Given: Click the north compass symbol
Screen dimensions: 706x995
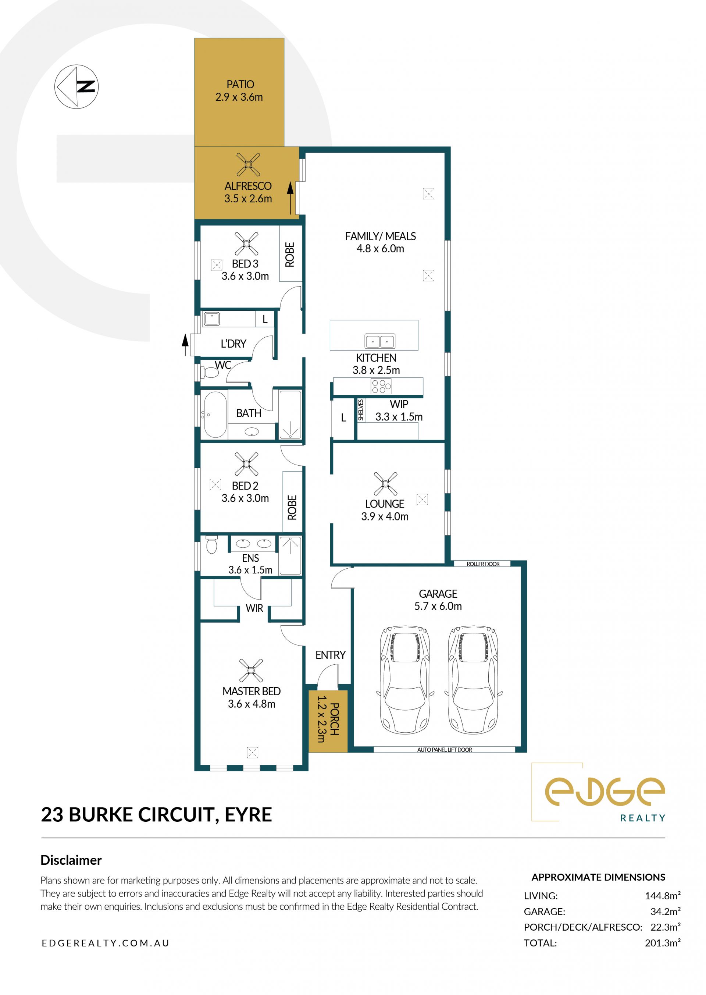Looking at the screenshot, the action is [76, 86].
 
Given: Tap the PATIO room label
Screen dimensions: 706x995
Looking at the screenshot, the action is [240, 84].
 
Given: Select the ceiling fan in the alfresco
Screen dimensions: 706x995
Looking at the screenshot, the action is [248, 164].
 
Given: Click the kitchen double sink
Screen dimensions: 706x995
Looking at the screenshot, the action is [380, 341].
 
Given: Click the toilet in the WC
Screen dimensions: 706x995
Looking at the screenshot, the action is [210, 372].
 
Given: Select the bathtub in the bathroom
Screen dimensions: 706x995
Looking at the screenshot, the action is [215, 415].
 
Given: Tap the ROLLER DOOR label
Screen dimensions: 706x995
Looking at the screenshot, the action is [483, 564].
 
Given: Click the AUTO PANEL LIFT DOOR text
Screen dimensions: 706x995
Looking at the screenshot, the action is [444, 750].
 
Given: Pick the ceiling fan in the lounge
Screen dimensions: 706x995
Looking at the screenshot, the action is [385, 484].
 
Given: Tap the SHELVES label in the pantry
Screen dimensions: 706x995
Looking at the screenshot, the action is [361, 410].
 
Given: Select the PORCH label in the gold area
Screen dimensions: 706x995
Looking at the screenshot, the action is [334, 719].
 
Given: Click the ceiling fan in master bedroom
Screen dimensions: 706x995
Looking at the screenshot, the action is [251, 670].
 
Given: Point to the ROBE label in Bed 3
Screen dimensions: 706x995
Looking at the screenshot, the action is [289, 255].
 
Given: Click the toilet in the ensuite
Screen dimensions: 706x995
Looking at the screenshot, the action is [212, 544].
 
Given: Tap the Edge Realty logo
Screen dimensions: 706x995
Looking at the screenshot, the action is [599, 792].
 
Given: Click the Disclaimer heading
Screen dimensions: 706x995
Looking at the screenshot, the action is [71, 860].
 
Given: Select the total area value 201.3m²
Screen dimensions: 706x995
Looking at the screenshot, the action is [663, 943].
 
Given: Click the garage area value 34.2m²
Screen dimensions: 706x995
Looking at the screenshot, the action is [666, 912].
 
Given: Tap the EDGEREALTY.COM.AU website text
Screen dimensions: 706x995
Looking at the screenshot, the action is [106, 943].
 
